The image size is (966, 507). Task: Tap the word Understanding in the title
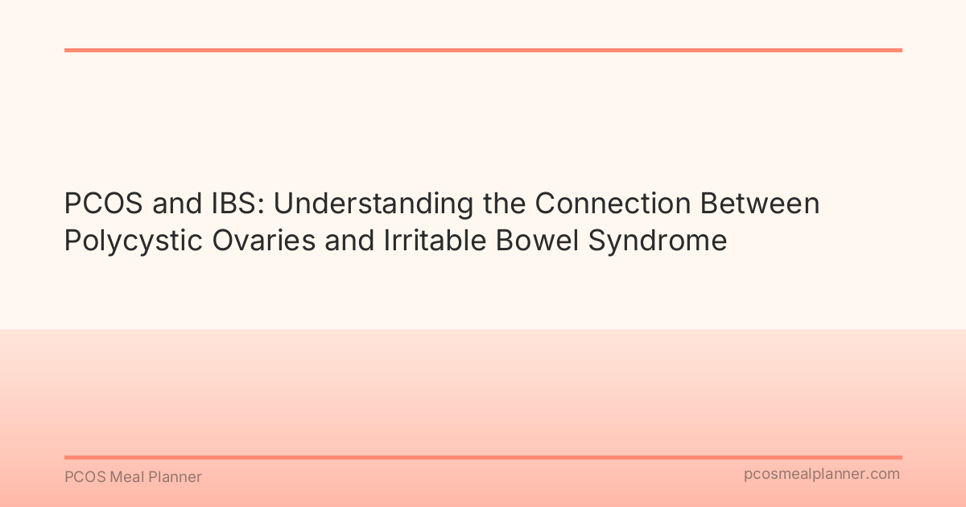pos(374,204)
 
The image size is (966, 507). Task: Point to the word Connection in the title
pos(613,204)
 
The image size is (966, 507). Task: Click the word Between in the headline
pos(760,204)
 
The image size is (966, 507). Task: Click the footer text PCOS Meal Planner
pos(133,477)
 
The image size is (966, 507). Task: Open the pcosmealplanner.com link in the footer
pos(822,475)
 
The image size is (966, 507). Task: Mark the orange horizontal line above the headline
pos(483,50)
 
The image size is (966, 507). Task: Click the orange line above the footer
pos(483,457)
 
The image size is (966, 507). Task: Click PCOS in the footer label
pos(83,477)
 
